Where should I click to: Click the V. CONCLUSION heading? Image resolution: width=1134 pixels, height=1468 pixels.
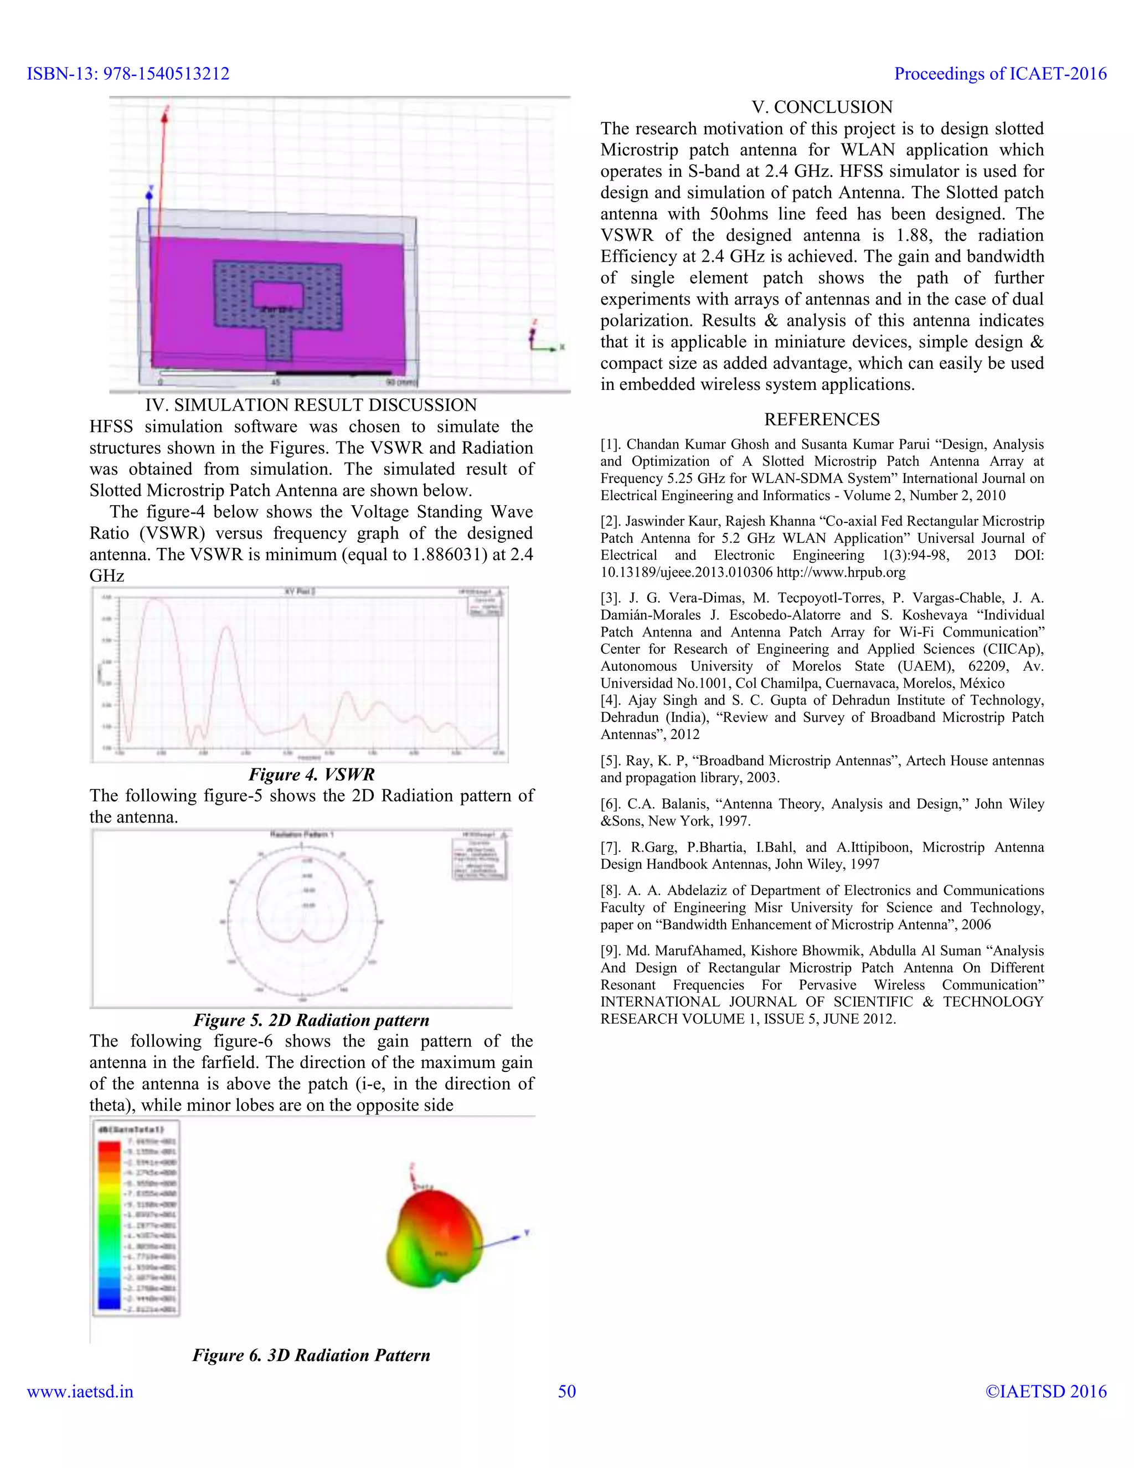822,107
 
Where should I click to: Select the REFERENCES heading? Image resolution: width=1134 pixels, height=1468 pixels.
822,419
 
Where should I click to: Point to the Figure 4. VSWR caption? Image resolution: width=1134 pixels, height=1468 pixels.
312,774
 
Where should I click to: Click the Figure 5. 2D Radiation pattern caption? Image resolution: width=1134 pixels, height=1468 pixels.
312,1020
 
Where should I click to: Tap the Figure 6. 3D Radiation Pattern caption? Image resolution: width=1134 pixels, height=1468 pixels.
312,1355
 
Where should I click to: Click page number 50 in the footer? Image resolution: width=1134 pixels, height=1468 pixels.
566,1392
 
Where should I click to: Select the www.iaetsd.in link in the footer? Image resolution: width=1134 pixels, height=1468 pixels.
80,1392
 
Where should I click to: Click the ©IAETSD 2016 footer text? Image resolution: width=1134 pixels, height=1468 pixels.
1045,1392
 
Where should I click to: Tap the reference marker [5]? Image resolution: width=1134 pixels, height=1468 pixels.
611,761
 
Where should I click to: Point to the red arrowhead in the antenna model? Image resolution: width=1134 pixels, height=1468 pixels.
164,114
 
